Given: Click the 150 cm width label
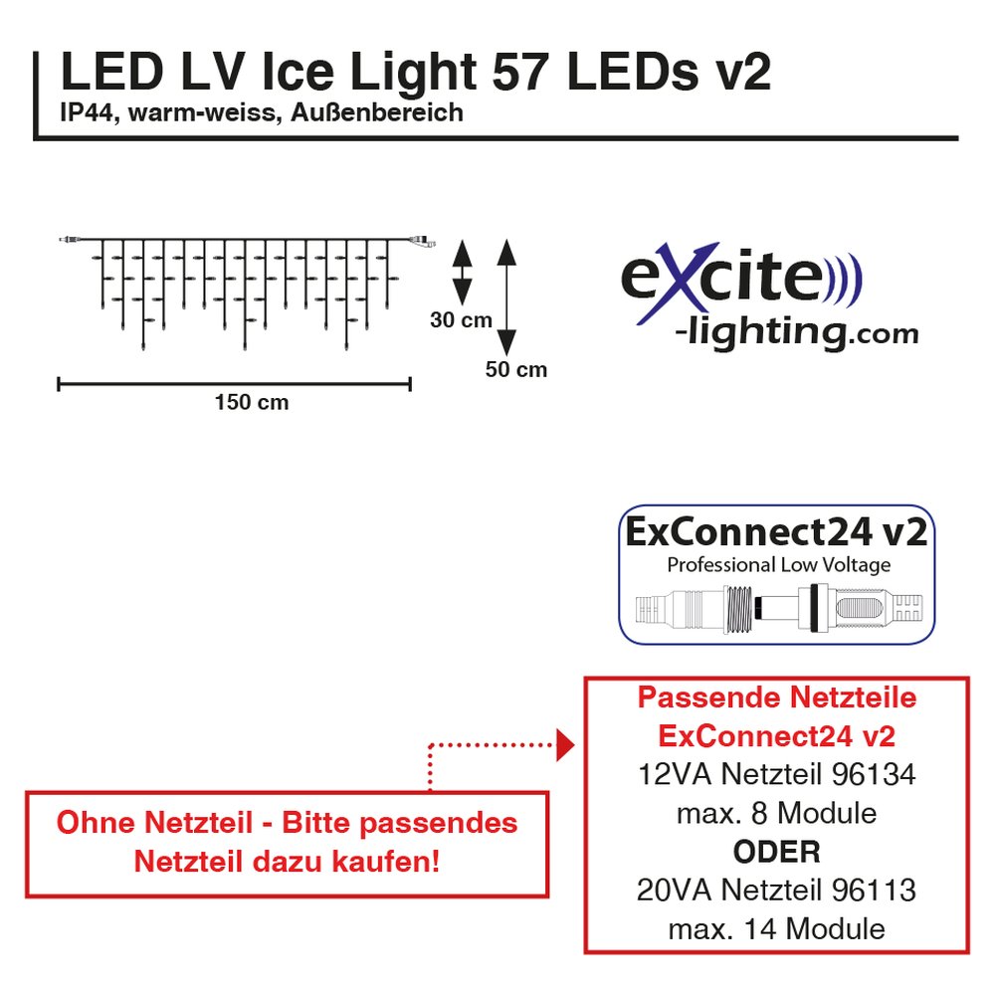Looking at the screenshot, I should pyautogui.click(x=252, y=402).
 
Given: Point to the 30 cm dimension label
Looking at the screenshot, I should pyautogui.click(x=461, y=320).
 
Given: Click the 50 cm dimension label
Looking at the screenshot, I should pyautogui.click(x=516, y=370).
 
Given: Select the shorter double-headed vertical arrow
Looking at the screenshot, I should pyautogui.click(x=462, y=271).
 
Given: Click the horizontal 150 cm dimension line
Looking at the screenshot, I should pyautogui.click(x=235, y=382).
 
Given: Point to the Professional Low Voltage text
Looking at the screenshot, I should pyautogui.click(x=778, y=565).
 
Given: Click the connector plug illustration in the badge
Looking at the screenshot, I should pyautogui.click(x=776, y=607).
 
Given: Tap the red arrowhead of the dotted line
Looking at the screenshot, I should pyautogui.click(x=566, y=744).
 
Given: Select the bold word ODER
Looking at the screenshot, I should pyautogui.click(x=776, y=852).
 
